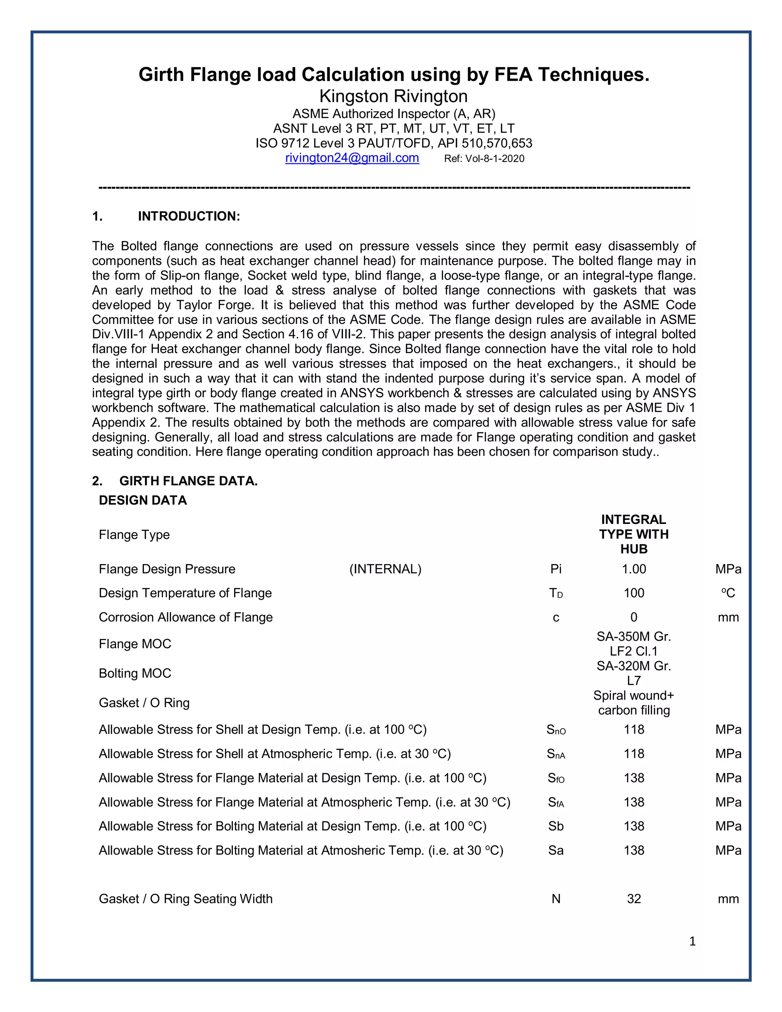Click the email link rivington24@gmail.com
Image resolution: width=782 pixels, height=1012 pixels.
pyautogui.click(x=352, y=158)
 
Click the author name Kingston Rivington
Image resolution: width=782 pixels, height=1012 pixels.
pyautogui.click(x=393, y=96)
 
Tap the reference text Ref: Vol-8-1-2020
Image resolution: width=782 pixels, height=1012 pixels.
pyautogui.click(x=484, y=158)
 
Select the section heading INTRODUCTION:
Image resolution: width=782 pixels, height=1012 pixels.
pyautogui.click(x=189, y=217)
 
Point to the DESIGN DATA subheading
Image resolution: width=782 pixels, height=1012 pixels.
pyautogui.click(x=143, y=500)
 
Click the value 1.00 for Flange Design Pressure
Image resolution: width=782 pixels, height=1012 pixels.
pyautogui.click(x=633, y=569)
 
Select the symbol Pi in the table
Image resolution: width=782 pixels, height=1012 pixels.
pyautogui.click(x=556, y=569)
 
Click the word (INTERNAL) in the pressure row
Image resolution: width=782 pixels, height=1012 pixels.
pyautogui.click(x=385, y=569)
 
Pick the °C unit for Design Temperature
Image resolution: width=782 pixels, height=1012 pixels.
pyautogui.click(x=728, y=593)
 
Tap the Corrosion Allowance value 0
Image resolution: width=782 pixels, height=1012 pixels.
pyautogui.click(x=633, y=617)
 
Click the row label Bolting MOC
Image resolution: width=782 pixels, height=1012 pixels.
pyautogui.click(x=135, y=673)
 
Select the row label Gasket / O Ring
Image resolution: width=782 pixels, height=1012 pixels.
pyautogui.click(x=144, y=703)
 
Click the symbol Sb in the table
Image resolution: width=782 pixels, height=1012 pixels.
pyautogui.click(x=556, y=826)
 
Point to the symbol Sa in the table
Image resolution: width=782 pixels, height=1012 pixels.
pyautogui.click(x=556, y=850)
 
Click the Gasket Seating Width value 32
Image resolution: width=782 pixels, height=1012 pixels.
pyautogui.click(x=633, y=899)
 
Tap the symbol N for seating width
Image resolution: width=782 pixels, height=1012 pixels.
pyautogui.click(x=556, y=899)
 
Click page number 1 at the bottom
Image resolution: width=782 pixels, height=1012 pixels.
pyautogui.click(x=692, y=941)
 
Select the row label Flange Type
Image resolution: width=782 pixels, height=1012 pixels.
pyautogui.click(x=134, y=535)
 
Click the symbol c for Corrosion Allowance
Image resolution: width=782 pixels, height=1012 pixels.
pyautogui.click(x=556, y=618)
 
